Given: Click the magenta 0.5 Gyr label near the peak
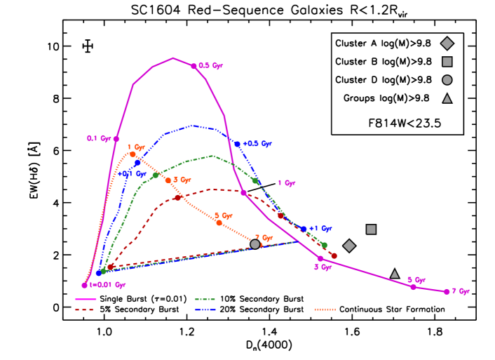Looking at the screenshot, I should point(210,66).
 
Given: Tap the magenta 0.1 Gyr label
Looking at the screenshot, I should point(99,139).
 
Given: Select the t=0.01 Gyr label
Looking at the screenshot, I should point(107,285).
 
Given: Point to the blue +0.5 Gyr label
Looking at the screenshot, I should point(257,144).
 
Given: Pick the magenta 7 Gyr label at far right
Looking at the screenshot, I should point(460,291).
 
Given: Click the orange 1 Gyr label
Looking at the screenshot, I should point(136,147).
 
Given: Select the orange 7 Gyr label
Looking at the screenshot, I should point(264,238).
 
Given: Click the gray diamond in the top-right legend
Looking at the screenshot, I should point(447,44).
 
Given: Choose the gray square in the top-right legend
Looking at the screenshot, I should point(447,62).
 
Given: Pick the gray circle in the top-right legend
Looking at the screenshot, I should point(447,80).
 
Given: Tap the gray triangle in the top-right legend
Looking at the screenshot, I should point(447,99).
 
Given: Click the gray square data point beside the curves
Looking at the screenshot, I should point(371,229).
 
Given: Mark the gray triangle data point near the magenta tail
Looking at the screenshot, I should point(395,274).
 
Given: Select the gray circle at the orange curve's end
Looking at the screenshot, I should point(255,244).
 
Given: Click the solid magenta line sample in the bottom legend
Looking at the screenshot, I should point(86,300).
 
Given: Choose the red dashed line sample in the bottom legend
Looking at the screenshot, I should point(86,309).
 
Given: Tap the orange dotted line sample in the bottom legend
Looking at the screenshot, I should point(325,309).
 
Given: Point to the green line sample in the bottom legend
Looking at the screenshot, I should point(205,300).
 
